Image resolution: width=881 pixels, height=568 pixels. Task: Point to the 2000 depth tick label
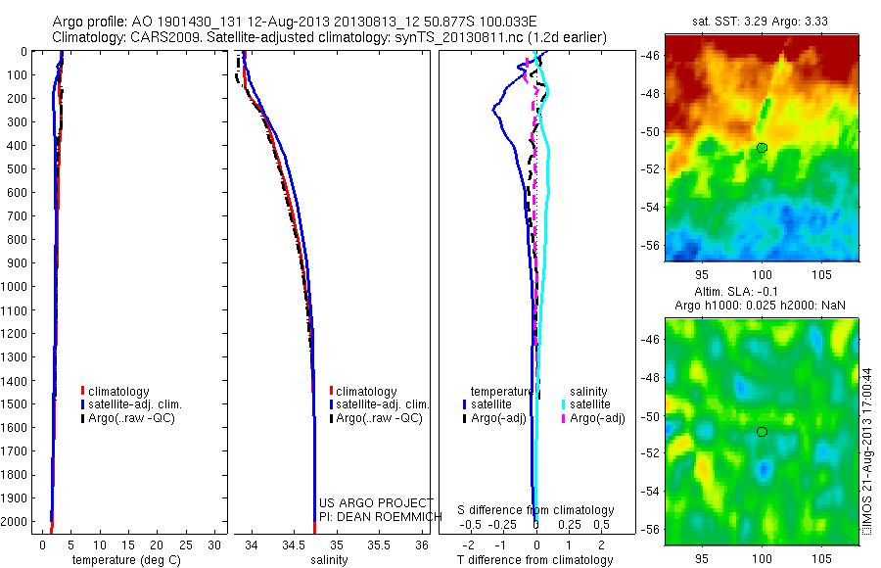[x=19, y=521]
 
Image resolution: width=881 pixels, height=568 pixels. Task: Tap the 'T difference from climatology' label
[x=535, y=560]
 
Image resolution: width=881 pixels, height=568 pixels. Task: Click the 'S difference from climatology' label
[x=536, y=510]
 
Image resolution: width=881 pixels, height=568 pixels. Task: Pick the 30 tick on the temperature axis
[x=215, y=544]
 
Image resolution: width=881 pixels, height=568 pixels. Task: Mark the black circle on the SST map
[x=762, y=148]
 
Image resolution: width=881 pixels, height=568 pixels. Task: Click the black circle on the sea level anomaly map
[x=762, y=431]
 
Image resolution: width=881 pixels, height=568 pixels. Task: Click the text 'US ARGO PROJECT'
[x=376, y=502]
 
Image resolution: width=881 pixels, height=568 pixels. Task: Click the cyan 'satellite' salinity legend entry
[x=590, y=403]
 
